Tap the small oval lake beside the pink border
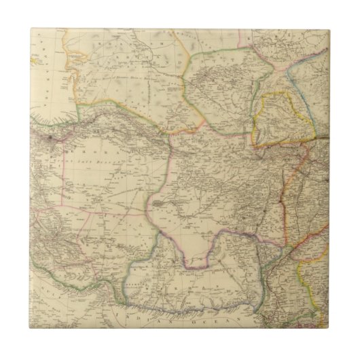click(158, 203)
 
